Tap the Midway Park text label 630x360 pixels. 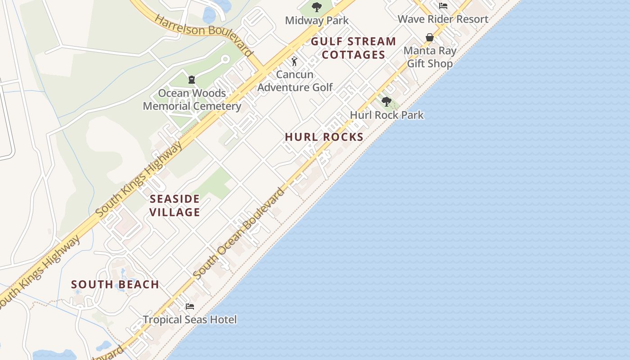pos(317,21)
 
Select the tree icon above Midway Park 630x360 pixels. pos(317,7)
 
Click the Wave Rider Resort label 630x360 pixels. pos(443,19)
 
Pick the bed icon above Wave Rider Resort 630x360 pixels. pos(443,6)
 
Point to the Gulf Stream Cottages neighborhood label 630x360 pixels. pos(354,48)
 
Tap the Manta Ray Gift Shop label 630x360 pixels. pos(430,57)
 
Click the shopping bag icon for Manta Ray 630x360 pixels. pos(430,37)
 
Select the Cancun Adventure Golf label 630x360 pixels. pos(295,81)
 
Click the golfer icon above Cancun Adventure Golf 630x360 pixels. pos(294,61)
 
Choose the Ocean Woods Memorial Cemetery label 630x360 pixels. pos(192,100)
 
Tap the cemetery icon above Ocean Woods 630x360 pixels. pos(192,80)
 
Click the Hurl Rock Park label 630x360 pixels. pos(387,115)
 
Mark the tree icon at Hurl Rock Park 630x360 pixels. pos(386,102)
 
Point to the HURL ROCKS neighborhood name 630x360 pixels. pos(324,137)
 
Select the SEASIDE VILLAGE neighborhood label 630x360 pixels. pos(175,205)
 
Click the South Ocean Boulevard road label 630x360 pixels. pos(239,233)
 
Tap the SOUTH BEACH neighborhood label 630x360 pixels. pos(115,285)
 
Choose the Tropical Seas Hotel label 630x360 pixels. pos(190,320)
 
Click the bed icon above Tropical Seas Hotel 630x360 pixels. pos(190,306)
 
